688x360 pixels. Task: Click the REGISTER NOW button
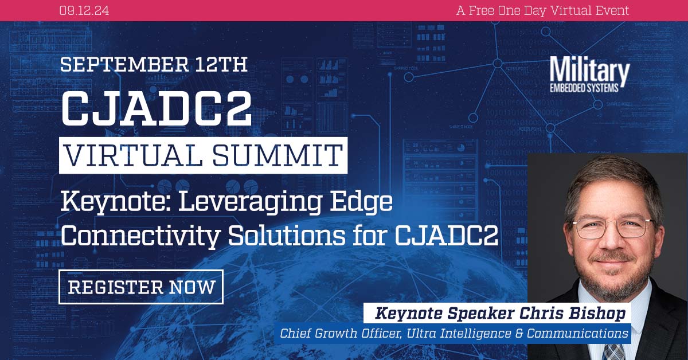141,287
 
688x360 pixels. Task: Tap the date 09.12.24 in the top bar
84,10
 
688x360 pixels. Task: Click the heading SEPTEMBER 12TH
154,64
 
